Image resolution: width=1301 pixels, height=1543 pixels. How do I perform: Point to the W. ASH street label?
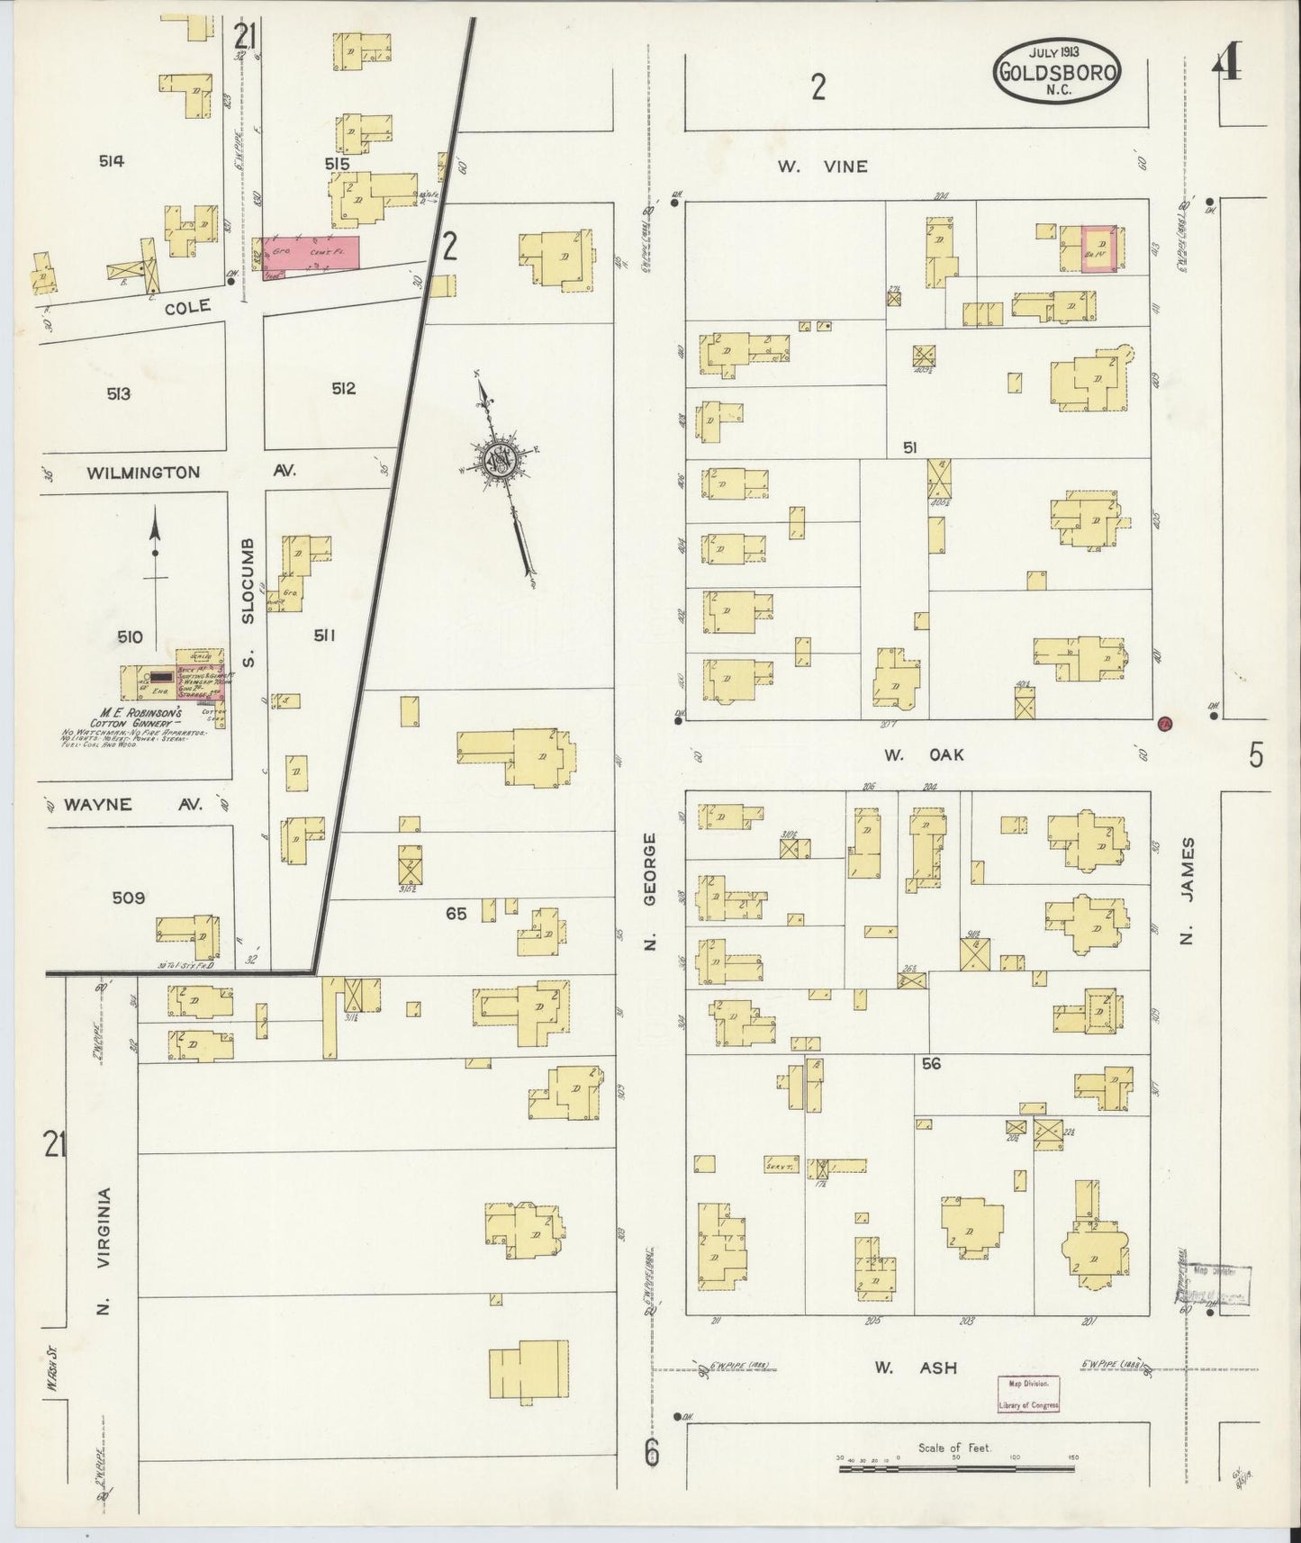pos(914,1393)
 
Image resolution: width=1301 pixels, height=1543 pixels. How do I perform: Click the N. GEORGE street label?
pos(651,891)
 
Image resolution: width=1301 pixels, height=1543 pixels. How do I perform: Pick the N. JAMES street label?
pos(1188,891)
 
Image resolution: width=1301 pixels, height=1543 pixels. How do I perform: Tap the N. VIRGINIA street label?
pos(104,1250)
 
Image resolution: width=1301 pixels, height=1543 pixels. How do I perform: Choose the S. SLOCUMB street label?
pos(248,603)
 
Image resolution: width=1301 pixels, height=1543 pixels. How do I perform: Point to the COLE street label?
pos(188,307)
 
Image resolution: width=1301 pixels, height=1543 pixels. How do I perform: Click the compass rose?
pos(501,461)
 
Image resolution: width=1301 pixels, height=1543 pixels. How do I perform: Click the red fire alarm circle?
pos(1163,722)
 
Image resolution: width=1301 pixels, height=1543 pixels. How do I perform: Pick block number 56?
pos(930,1063)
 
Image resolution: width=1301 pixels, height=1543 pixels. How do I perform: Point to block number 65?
pos(456,913)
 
